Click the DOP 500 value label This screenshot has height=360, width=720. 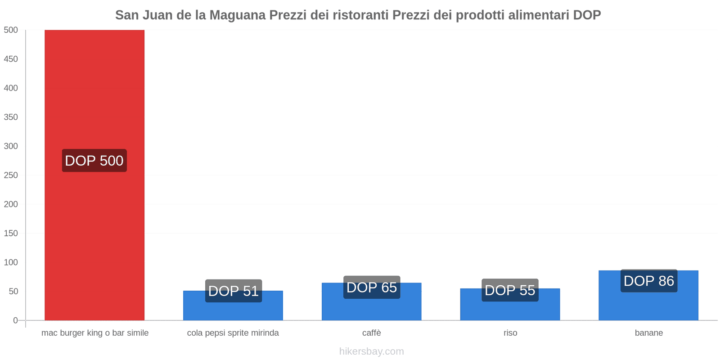tap(94, 161)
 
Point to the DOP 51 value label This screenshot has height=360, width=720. tap(233, 291)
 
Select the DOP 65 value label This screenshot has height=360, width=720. tap(372, 287)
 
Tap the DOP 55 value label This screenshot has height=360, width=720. tap(510, 290)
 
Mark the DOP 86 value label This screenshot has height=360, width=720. tap(648, 281)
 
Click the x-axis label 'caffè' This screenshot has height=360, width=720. tap(372, 333)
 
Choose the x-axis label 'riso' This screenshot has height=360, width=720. tap(510, 333)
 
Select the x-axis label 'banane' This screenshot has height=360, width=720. tap(648, 333)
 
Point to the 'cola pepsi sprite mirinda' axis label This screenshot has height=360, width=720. tap(233, 333)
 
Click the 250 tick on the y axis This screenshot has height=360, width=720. tap(11, 175)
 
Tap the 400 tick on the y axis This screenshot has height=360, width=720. tap(11, 88)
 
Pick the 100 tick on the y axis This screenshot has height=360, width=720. tap(11, 262)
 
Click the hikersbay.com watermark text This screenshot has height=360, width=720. tap(371, 351)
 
